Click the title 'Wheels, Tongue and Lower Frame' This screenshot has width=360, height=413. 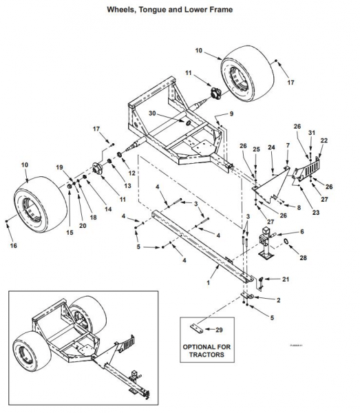(x=179, y=10)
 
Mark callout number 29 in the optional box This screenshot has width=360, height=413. (x=220, y=331)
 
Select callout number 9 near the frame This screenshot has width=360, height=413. (x=231, y=113)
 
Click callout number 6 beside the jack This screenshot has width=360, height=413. (x=301, y=232)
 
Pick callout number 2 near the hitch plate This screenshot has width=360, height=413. (x=277, y=301)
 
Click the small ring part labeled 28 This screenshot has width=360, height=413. (x=284, y=242)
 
